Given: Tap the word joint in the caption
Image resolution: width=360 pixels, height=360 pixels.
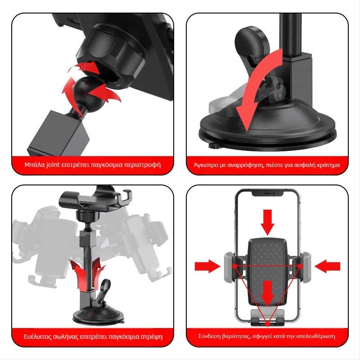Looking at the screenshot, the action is click(53, 165).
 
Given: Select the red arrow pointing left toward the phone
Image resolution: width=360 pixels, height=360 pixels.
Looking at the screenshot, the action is click(328, 266).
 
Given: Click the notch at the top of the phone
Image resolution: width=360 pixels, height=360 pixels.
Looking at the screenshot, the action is click(267, 193).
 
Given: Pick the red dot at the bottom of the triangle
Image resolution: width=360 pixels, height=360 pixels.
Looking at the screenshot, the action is click(267, 324).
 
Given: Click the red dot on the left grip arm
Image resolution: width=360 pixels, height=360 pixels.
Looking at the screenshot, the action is click(234, 266).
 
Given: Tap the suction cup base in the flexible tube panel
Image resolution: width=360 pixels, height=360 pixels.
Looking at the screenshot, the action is click(99, 316).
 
